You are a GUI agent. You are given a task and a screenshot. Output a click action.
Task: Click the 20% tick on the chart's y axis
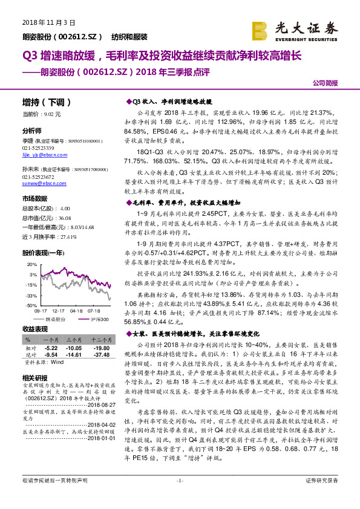[x=31, y=264]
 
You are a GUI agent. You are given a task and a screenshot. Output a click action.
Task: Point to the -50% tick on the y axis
[x=31, y=305]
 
